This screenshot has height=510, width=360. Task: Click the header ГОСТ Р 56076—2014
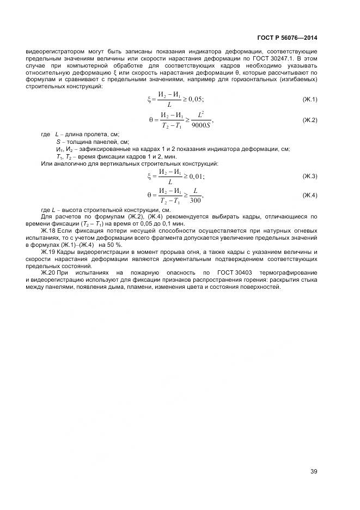(288, 38)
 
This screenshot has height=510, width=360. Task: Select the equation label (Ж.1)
(309, 99)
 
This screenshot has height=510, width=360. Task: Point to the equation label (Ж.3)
(309, 176)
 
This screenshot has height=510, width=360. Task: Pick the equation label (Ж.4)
(309, 195)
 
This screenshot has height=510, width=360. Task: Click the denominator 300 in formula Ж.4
(196, 200)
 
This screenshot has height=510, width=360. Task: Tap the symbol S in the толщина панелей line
(58, 142)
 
